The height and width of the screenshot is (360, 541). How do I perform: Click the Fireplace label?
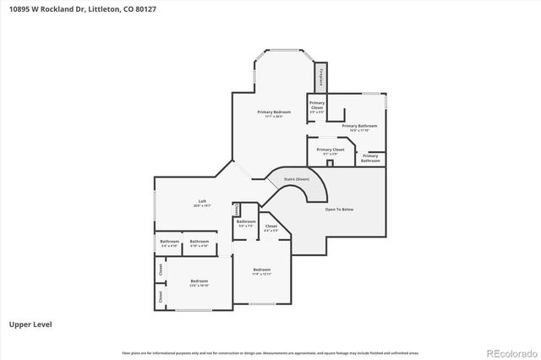click(x=320, y=77)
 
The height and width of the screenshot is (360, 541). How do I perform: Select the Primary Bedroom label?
click(x=274, y=114)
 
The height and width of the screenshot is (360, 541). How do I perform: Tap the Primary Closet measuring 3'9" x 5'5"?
click(x=317, y=106)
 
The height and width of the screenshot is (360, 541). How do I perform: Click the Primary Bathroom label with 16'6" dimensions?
click(x=359, y=128)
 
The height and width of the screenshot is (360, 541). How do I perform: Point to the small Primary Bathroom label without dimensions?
click(x=370, y=158)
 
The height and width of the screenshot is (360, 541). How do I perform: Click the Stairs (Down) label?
click(x=296, y=179)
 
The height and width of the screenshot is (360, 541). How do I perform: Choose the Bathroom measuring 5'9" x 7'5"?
click(x=246, y=224)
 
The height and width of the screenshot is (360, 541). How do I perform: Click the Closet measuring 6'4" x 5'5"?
click(x=271, y=228)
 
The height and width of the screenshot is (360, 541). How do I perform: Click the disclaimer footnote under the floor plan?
click(x=270, y=352)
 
